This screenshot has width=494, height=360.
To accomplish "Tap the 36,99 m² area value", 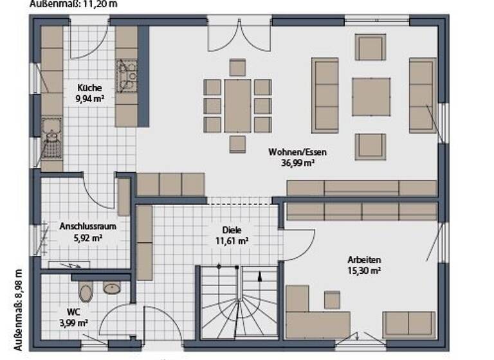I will [x=298, y=163].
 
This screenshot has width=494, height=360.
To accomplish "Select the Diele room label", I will [x=233, y=230].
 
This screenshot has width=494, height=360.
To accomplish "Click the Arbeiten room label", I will [x=364, y=260].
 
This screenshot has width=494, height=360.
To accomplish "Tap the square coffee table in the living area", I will [x=371, y=96].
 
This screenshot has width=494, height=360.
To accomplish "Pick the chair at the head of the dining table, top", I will [x=237, y=67].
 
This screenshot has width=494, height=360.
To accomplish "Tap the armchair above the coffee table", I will [x=370, y=48].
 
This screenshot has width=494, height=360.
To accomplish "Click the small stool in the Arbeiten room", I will [x=332, y=300].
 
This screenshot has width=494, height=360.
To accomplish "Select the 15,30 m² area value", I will [x=364, y=271].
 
